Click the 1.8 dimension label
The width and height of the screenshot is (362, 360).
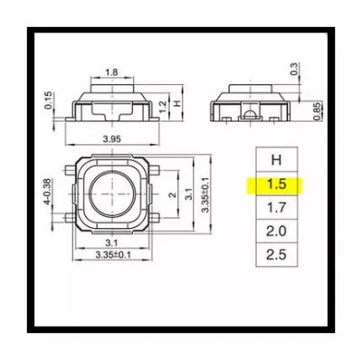coord(111,72)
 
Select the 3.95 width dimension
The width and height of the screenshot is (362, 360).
coord(112,139)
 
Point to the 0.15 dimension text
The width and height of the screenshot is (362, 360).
coord(48,100)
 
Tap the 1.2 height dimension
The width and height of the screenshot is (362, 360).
coord(163,107)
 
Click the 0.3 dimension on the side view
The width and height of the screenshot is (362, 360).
coord(294,69)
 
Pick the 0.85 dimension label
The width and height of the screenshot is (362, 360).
coord(317,112)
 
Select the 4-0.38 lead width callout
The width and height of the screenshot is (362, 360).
coord(48,192)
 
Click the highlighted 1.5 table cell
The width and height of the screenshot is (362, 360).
coord(277,185)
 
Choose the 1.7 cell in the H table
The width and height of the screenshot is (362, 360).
coord(277,208)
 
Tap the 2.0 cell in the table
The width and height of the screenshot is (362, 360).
coord(277,232)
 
